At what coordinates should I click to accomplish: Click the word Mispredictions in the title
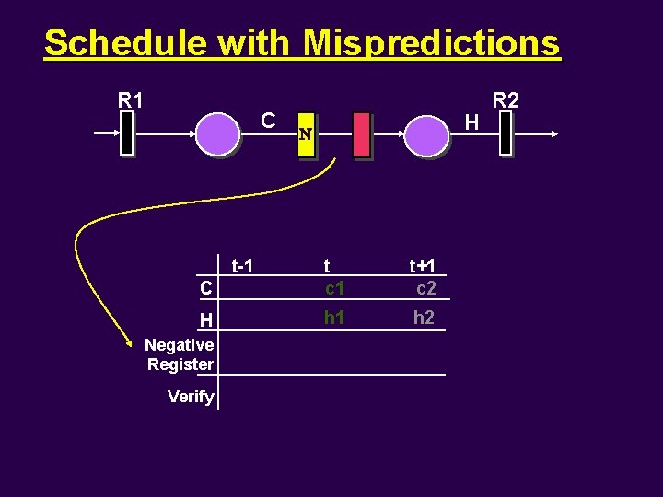click(x=431, y=42)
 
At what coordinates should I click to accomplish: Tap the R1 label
click(x=131, y=99)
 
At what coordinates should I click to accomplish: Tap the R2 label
click(x=506, y=99)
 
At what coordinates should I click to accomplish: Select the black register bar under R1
click(x=127, y=134)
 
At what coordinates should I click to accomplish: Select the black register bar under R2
click(x=505, y=134)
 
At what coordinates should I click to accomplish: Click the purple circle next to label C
click(x=218, y=134)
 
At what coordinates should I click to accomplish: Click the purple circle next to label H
click(x=426, y=134)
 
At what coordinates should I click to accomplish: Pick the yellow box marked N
click(x=306, y=136)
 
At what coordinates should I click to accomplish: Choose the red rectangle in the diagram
click(x=361, y=134)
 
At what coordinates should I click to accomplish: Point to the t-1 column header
click(x=242, y=266)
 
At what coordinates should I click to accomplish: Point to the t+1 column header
click(x=423, y=266)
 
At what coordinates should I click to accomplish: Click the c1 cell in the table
click(x=334, y=288)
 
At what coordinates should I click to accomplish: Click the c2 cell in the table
click(x=425, y=288)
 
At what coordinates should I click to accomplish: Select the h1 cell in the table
click(x=334, y=318)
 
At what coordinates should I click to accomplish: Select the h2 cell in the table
click(x=424, y=318)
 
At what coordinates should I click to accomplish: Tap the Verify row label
click(x=191, y=397)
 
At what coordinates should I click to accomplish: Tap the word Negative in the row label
click(x=180, y=345)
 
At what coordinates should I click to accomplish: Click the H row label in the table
click(x=206, y=319)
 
